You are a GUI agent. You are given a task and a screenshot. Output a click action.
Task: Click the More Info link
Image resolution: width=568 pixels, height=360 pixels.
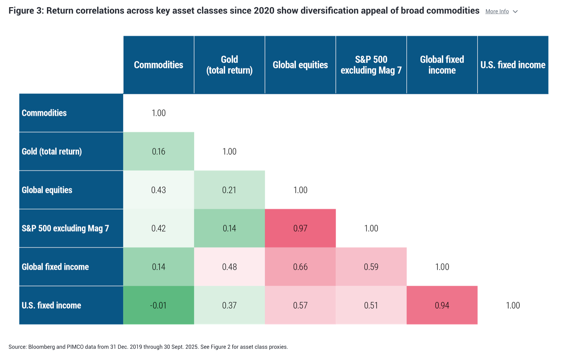click(497, 12)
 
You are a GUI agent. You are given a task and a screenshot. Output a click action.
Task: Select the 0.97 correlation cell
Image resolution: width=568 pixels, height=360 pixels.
click(300, 228)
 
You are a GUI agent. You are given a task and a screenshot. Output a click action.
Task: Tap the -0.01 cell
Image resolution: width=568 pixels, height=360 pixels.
click(158, 305)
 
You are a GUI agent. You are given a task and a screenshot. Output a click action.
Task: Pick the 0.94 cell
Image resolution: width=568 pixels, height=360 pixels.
click(442, 305)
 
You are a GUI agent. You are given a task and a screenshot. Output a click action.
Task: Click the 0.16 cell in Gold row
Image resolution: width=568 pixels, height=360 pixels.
click(158, 151)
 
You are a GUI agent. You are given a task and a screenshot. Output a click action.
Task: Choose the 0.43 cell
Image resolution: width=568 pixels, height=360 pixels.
click(158, 190)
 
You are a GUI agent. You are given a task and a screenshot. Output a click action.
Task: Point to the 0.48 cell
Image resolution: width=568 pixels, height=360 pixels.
click(230, 267)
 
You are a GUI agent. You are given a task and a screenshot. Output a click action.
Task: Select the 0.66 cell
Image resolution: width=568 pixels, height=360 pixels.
click(300, 267)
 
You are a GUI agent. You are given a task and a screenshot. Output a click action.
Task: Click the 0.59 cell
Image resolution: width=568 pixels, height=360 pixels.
click(371, 267)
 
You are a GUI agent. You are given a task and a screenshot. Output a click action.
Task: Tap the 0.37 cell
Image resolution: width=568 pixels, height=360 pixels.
click(230, 305)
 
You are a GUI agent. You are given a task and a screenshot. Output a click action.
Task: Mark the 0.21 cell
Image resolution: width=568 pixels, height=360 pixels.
click(230, 190)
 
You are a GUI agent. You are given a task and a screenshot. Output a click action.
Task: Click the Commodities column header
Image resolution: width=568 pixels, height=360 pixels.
click(158, 65)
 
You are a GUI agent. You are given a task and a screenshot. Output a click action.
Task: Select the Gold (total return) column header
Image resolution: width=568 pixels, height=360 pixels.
click(230, 65)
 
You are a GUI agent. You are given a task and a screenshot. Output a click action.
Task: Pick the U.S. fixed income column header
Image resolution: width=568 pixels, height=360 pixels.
click(513, 65)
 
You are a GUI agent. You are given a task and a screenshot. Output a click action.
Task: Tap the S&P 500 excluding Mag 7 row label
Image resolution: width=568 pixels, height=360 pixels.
click(65, 228)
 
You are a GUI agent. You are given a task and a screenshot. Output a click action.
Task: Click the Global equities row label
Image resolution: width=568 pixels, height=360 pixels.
click(47, 190)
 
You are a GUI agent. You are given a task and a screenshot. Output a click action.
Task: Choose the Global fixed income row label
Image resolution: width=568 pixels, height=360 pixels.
click(55, 267)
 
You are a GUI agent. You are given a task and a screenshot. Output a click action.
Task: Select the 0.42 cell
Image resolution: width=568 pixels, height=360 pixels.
click(158, 228)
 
